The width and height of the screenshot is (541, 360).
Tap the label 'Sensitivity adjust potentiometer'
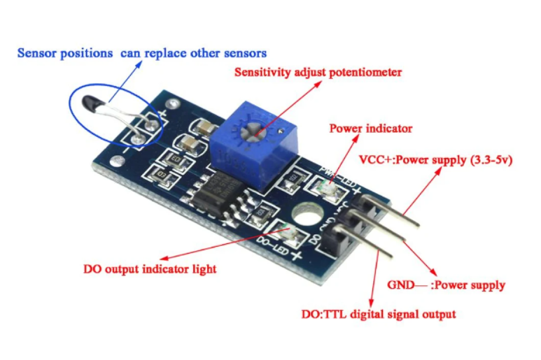point(318,72)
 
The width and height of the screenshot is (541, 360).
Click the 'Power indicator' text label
point(371,129)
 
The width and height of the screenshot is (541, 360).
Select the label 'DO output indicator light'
point(150,269)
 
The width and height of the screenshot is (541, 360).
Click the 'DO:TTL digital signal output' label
point(378,314)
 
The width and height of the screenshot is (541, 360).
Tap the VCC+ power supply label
point(436,161)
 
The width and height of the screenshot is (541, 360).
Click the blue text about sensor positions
point(142,53)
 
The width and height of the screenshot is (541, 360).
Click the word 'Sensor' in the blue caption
point(35,53)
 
